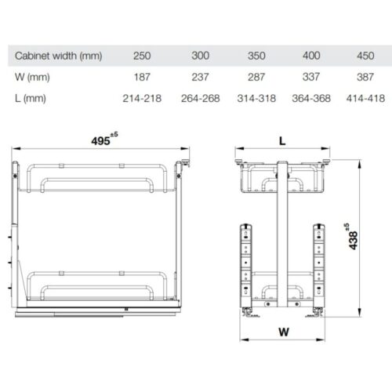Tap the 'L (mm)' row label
point(31,99)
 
